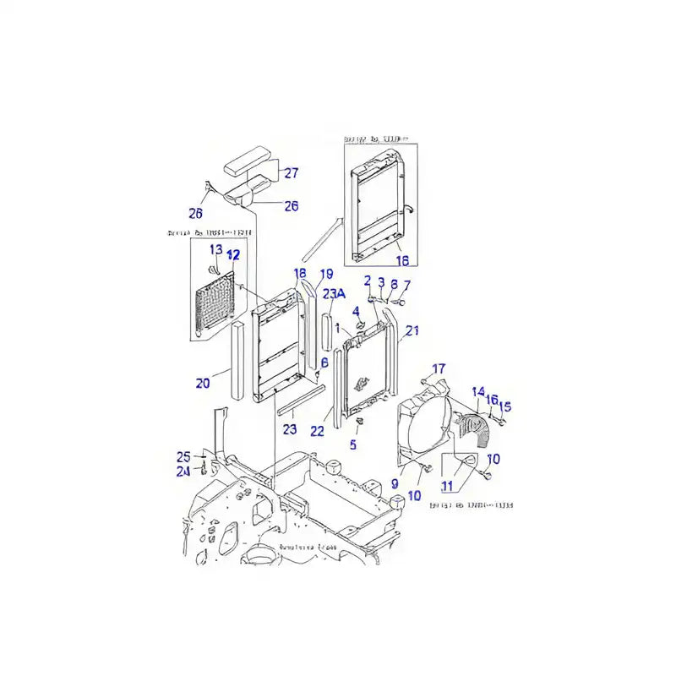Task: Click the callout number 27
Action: coord(291,173)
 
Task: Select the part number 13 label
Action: coord(215,249)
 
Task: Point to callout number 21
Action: coord(412,331)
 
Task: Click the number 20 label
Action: coord(203,384)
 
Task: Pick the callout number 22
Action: coord(317,431)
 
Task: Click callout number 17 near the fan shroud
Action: coord(439,368)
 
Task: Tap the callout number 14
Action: coord(478,392)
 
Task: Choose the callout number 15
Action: coord(505,406)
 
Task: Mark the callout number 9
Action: coord(395,484)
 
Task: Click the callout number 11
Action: coord(447,487)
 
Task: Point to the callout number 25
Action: coord(183,456)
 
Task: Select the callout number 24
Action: coord(183,472)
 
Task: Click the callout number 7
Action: coord(406,285)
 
